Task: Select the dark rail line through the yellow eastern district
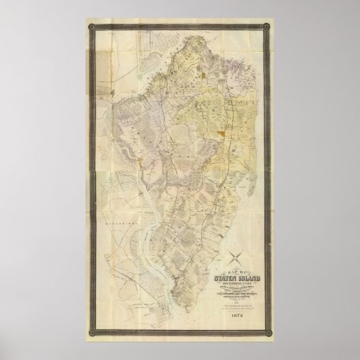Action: coord(231,115)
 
